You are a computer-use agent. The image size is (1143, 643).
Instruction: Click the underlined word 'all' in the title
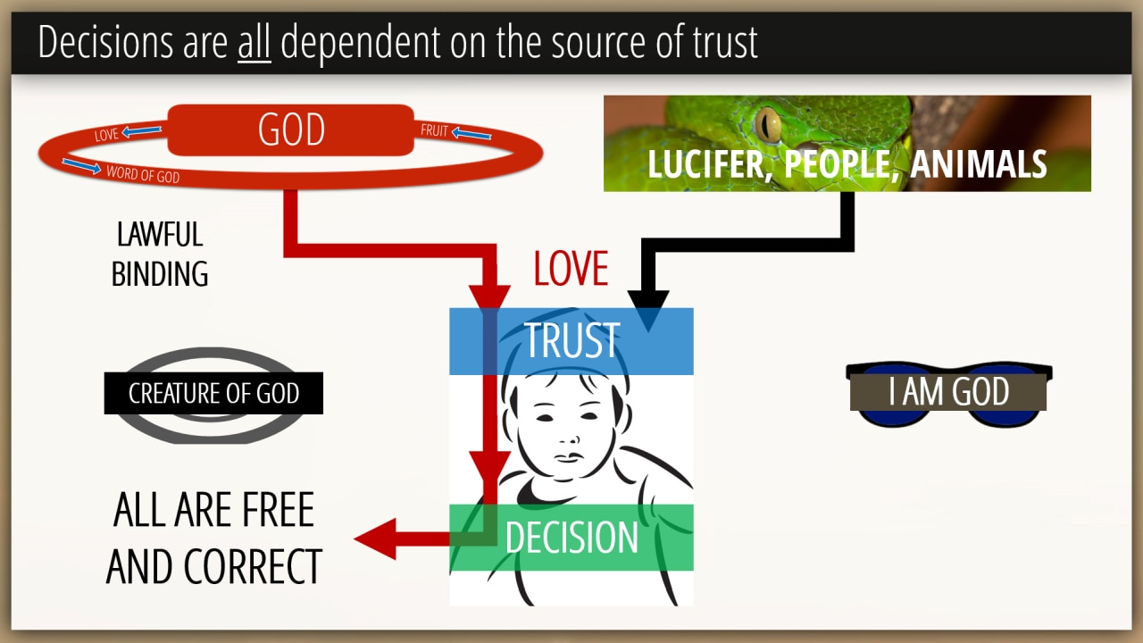click(254, 43)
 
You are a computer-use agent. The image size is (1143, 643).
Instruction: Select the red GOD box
click(291, 130)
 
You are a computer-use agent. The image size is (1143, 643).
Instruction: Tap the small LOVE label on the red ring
click(106, 136)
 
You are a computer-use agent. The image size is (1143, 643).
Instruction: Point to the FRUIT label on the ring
click(434, 131)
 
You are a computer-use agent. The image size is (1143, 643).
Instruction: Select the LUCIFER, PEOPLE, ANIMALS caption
click(847, 164)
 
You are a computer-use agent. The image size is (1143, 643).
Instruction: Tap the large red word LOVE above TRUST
click(571, 269)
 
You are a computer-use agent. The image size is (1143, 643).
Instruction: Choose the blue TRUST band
click(571, 341)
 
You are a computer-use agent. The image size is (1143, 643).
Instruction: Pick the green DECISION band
click(571, 538)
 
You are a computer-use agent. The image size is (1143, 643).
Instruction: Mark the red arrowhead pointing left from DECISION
click(375, 539)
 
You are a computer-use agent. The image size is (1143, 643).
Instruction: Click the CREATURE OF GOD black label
click(213, 394)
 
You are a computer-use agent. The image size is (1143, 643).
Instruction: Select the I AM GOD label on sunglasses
click(948, 392)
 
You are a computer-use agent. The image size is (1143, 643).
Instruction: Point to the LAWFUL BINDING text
click(160, 255)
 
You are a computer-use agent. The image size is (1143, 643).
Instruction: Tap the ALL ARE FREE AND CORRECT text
click(213, 539)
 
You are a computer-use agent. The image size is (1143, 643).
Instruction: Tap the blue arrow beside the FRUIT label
click(471, 134)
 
